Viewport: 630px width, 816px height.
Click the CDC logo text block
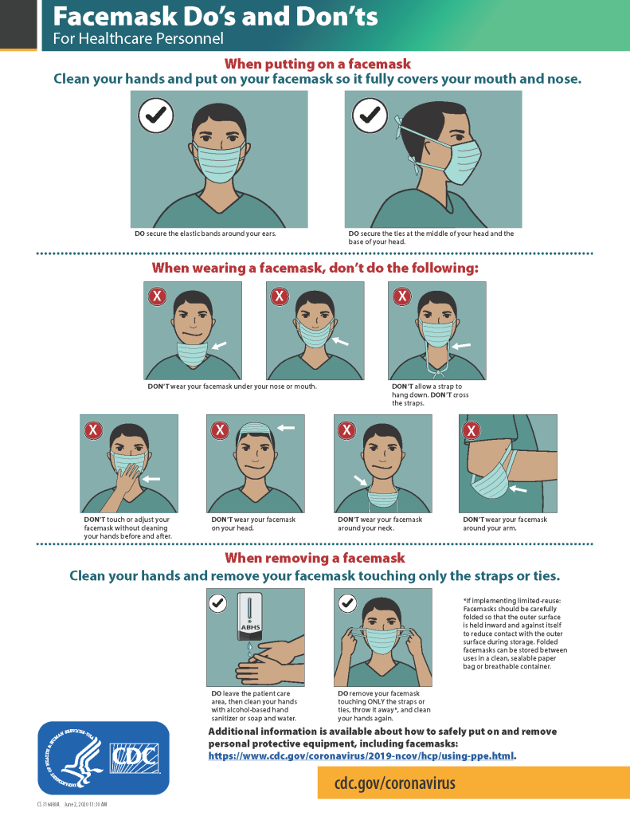pyautogui.click(x=134, y=757)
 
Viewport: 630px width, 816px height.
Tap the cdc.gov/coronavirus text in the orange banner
pyautogui.click(x=395, y=783)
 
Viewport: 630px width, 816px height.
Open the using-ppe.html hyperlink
pyautogui.click(x=362, y=755)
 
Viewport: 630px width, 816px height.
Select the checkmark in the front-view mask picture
pyautogui.click(x=156, y=116)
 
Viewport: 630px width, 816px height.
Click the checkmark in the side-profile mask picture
pyautogui.click(x=370, y=116)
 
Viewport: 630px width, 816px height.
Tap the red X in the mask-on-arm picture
pyautogui.click(x=471, y=430)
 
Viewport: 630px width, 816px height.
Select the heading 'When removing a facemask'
pyautogui.click(x=315, y=558)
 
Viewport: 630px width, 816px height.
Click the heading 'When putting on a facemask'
pyautogui.click(x=317, y=64)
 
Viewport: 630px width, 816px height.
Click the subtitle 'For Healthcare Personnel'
pyautogui.click(x=138, y=38)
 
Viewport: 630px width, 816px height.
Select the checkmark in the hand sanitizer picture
pyautogui.click(x=217, y=603)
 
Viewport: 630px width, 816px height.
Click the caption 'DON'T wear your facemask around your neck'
pyautogui.click(x=380, y=524)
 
